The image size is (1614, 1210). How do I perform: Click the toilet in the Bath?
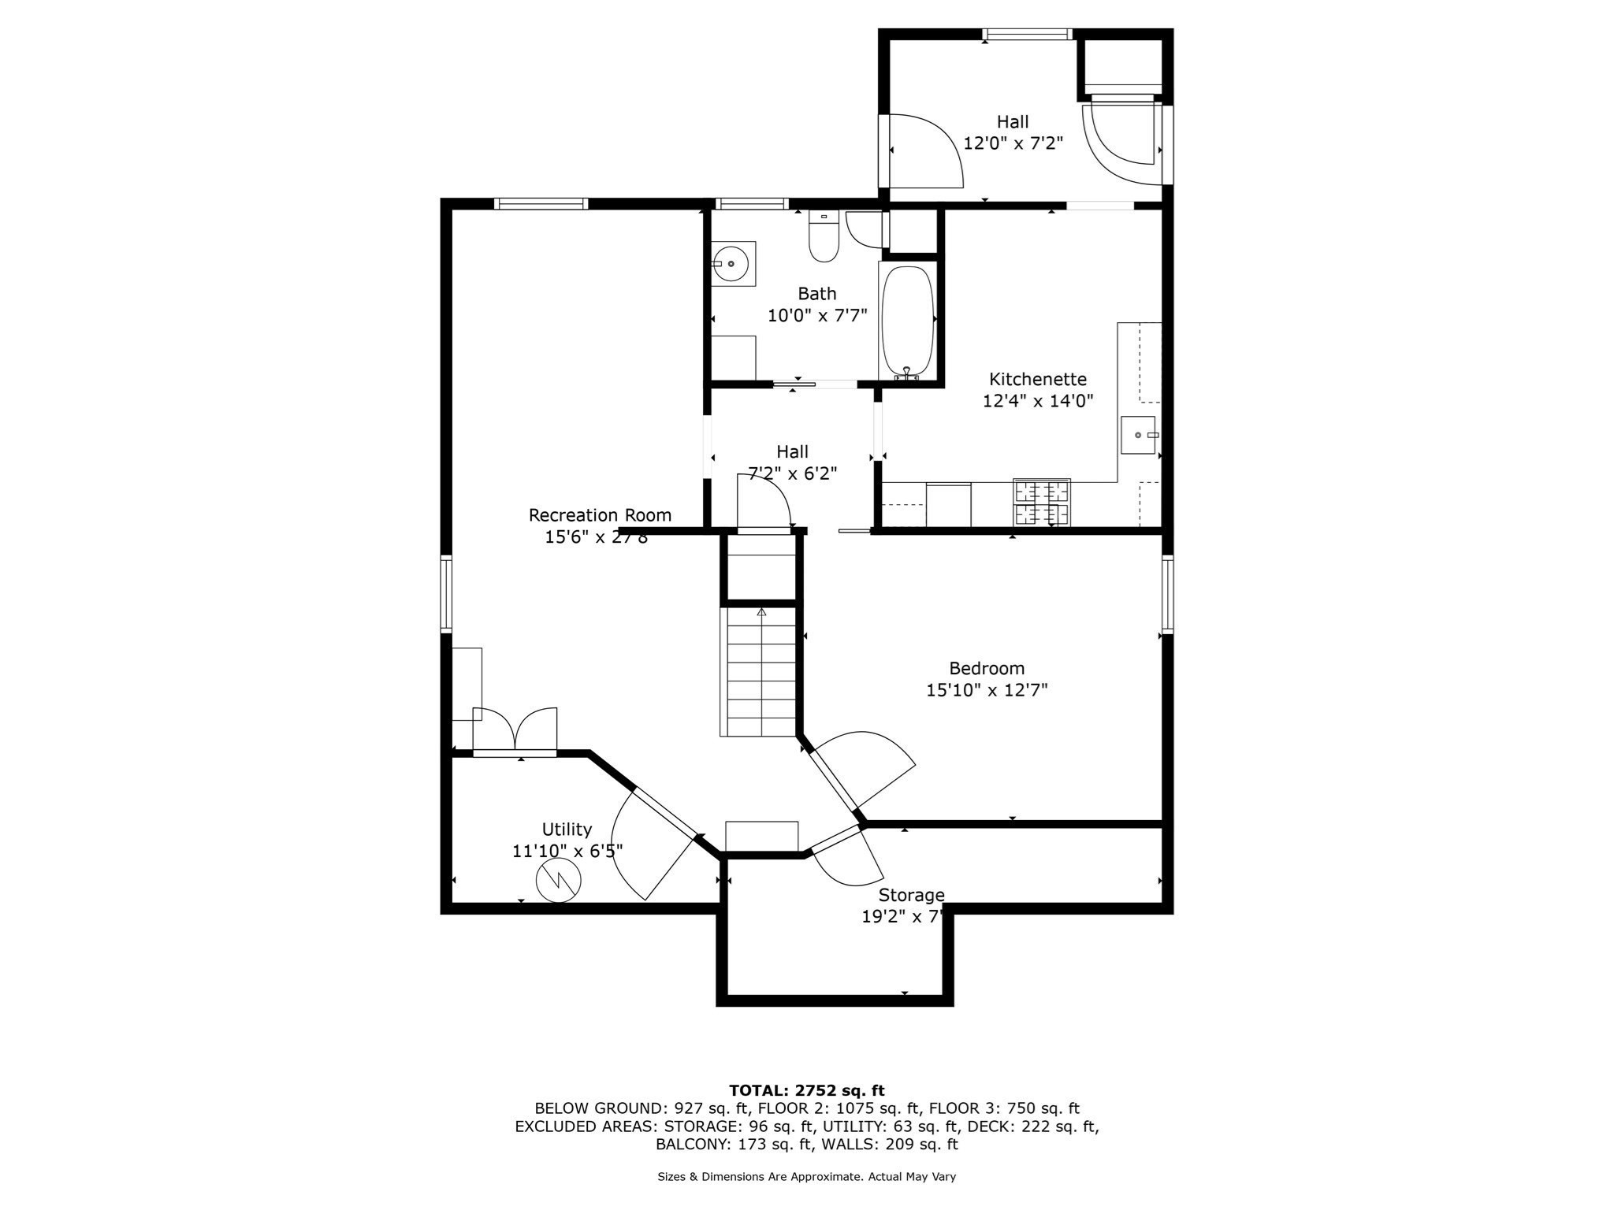(824, 238)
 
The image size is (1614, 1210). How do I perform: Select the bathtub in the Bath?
(907, 322)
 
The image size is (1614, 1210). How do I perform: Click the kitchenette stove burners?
(1041, 503)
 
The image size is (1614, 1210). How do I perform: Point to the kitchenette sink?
(1137, 435)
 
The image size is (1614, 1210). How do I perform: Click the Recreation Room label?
(600, 515)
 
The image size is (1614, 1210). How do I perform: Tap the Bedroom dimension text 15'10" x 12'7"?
(986, 690)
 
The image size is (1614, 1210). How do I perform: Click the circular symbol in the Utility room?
(558, 880)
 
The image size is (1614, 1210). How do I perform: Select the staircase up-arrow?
(761, 612)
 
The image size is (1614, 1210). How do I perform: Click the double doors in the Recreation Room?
(515, 729)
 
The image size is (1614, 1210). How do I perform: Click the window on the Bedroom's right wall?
(1167, 594)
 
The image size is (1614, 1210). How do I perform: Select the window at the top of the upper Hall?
(1026, 34)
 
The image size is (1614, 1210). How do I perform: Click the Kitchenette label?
(1037, 379)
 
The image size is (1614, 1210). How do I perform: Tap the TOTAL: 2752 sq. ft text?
(806, 1090)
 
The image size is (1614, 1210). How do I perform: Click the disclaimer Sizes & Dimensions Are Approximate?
(806, 1176)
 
